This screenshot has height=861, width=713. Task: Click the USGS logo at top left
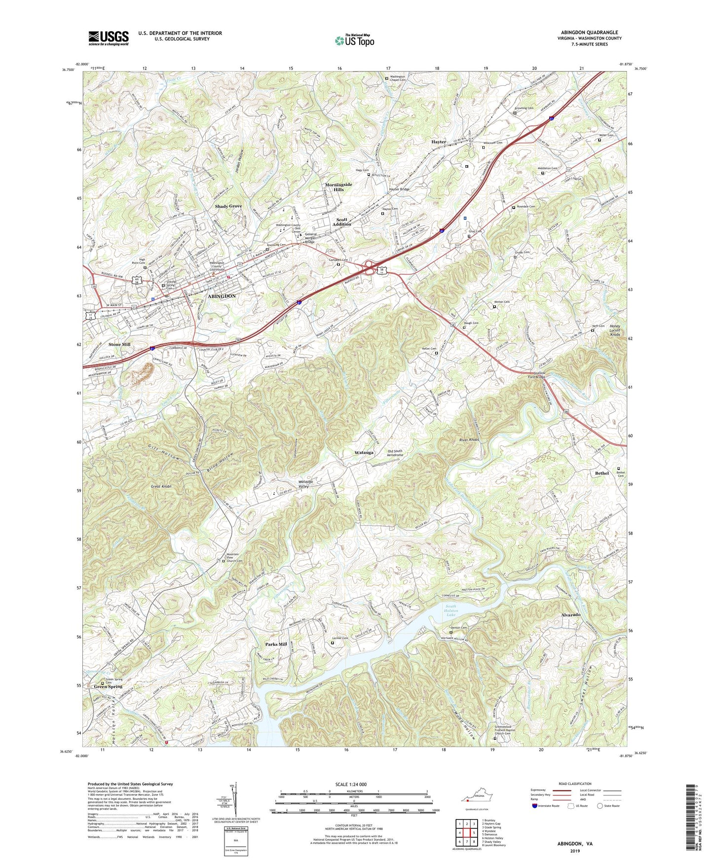point(109,38)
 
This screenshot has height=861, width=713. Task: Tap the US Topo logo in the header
point(354,40)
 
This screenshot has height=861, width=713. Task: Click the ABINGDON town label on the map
point(222,296)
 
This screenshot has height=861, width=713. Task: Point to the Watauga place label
point(364,452)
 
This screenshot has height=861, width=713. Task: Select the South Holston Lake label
point(451,610)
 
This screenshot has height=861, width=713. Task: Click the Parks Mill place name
point(276,644)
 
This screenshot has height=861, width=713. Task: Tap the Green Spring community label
point(108,686)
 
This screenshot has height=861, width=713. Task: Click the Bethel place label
point(601,473)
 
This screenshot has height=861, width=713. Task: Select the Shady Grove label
point(228,206)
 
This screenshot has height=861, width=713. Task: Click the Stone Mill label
point(119,344)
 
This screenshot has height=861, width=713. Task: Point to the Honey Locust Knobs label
point(615,330)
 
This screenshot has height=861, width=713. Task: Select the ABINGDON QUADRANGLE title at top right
point(596,33)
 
